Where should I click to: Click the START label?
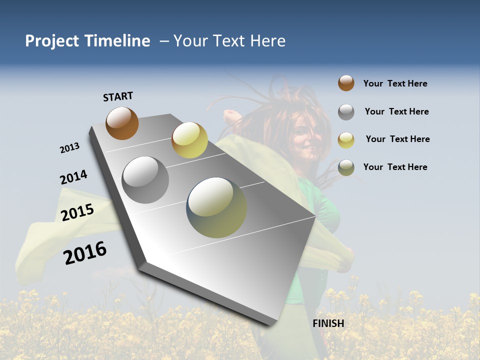tap(118, 96)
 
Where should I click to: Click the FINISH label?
tap(328, 323)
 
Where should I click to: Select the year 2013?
tap(69, 148)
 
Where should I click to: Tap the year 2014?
tap(73, 177)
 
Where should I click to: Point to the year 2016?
tap(85, 253)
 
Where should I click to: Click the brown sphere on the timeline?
tap(122, 123)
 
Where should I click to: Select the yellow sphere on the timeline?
tap(189, 140)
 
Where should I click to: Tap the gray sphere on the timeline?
tap(145, 179)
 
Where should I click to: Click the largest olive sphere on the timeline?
tap(216, 207)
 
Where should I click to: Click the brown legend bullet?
tap(346, 83)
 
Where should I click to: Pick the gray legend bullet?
tap(346, 111)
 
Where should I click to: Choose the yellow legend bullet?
tap(346, 139)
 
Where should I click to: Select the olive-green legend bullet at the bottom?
tap(346, 167)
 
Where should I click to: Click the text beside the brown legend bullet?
tap(395, 83)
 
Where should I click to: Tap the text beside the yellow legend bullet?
tap(397, 139)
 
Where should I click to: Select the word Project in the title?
tap(52, 41)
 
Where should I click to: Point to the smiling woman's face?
tap(305, 135)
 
